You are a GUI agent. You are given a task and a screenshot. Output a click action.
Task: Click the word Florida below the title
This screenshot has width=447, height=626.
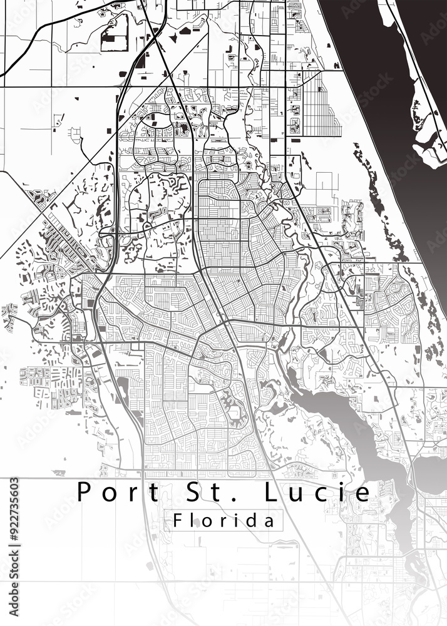click(223, 520)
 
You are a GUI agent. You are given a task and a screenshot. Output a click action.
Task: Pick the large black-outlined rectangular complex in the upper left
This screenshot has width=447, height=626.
click(115, 33)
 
